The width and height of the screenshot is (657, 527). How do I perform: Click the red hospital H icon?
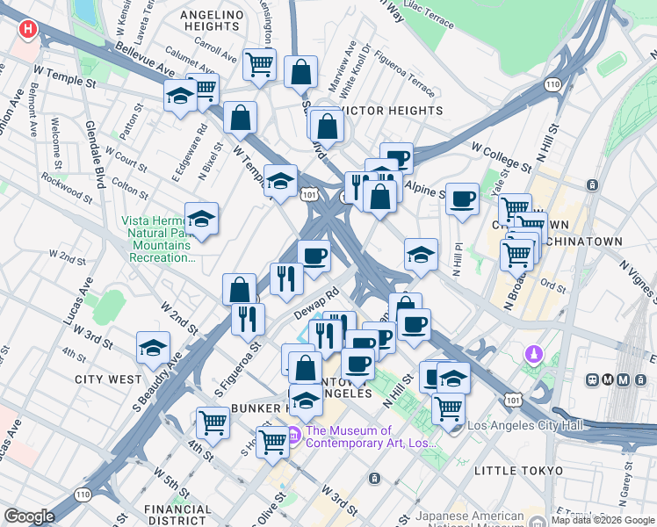[28, 29]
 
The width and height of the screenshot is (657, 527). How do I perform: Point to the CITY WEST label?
[108, 379]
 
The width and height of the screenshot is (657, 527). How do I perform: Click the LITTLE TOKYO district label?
[518, 471]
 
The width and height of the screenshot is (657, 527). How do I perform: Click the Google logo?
[30, 516]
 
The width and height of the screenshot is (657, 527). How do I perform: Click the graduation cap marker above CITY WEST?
[153, 348]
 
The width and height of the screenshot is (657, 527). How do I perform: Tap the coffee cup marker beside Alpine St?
[462, 198]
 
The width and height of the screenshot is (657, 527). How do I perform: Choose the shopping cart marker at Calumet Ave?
[259, 63]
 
